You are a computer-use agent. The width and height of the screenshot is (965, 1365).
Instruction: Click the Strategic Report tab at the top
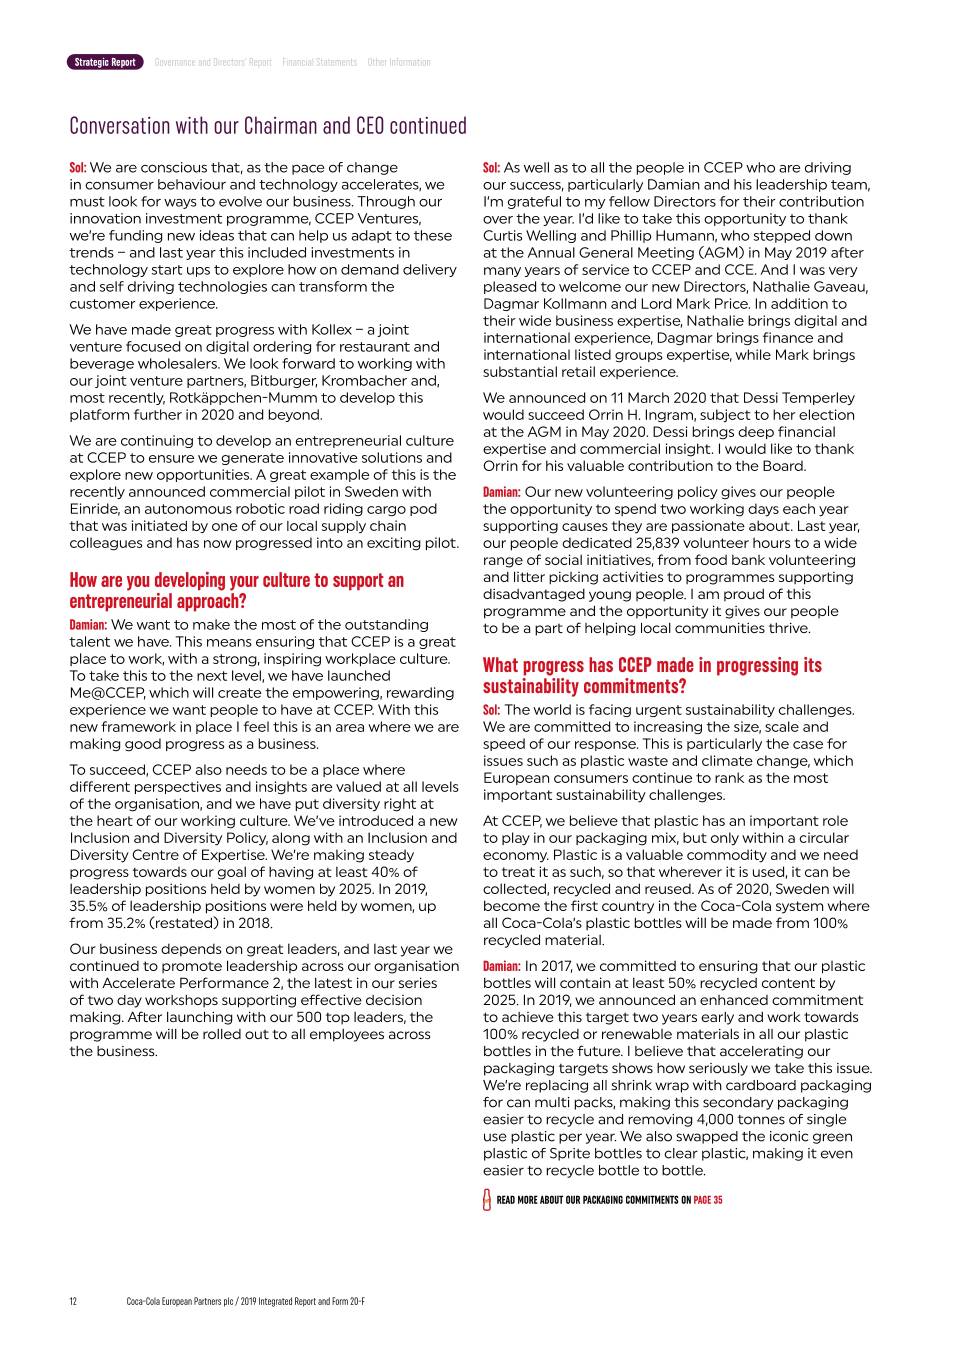[105, 62]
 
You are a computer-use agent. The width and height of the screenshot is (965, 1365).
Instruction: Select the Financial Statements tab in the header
[319, 62]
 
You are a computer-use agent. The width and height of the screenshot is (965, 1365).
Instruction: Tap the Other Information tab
[398, 62]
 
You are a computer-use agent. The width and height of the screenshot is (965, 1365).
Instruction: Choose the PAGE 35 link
[708, 1200]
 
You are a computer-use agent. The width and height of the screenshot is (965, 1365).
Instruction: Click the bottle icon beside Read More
[487, 1200]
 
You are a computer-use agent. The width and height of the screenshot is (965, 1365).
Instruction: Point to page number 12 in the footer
[73, 1301]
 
